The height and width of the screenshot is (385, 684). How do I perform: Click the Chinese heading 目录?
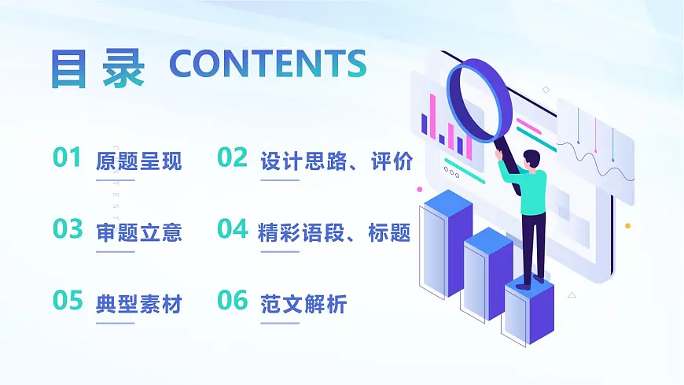[97, 66]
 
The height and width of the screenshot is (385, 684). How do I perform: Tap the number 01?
[68, 158]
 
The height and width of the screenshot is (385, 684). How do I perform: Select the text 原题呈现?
[138, 162]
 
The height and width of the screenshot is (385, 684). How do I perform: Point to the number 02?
[232, 158]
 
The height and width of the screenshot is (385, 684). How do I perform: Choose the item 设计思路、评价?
[336, 162]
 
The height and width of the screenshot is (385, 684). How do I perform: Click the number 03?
[68, 229]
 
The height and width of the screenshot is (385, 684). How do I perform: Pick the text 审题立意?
[138, 232]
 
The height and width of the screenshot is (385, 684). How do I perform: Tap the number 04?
[232, 229]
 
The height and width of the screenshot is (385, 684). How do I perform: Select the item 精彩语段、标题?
[334, 232]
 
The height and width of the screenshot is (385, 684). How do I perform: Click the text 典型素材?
[138, 304]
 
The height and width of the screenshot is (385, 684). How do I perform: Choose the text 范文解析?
[303, 304]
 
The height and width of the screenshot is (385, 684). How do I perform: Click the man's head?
[531, 158]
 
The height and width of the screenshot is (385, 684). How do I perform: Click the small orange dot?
[627, 226]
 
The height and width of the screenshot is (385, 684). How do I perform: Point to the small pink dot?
[420, 190]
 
